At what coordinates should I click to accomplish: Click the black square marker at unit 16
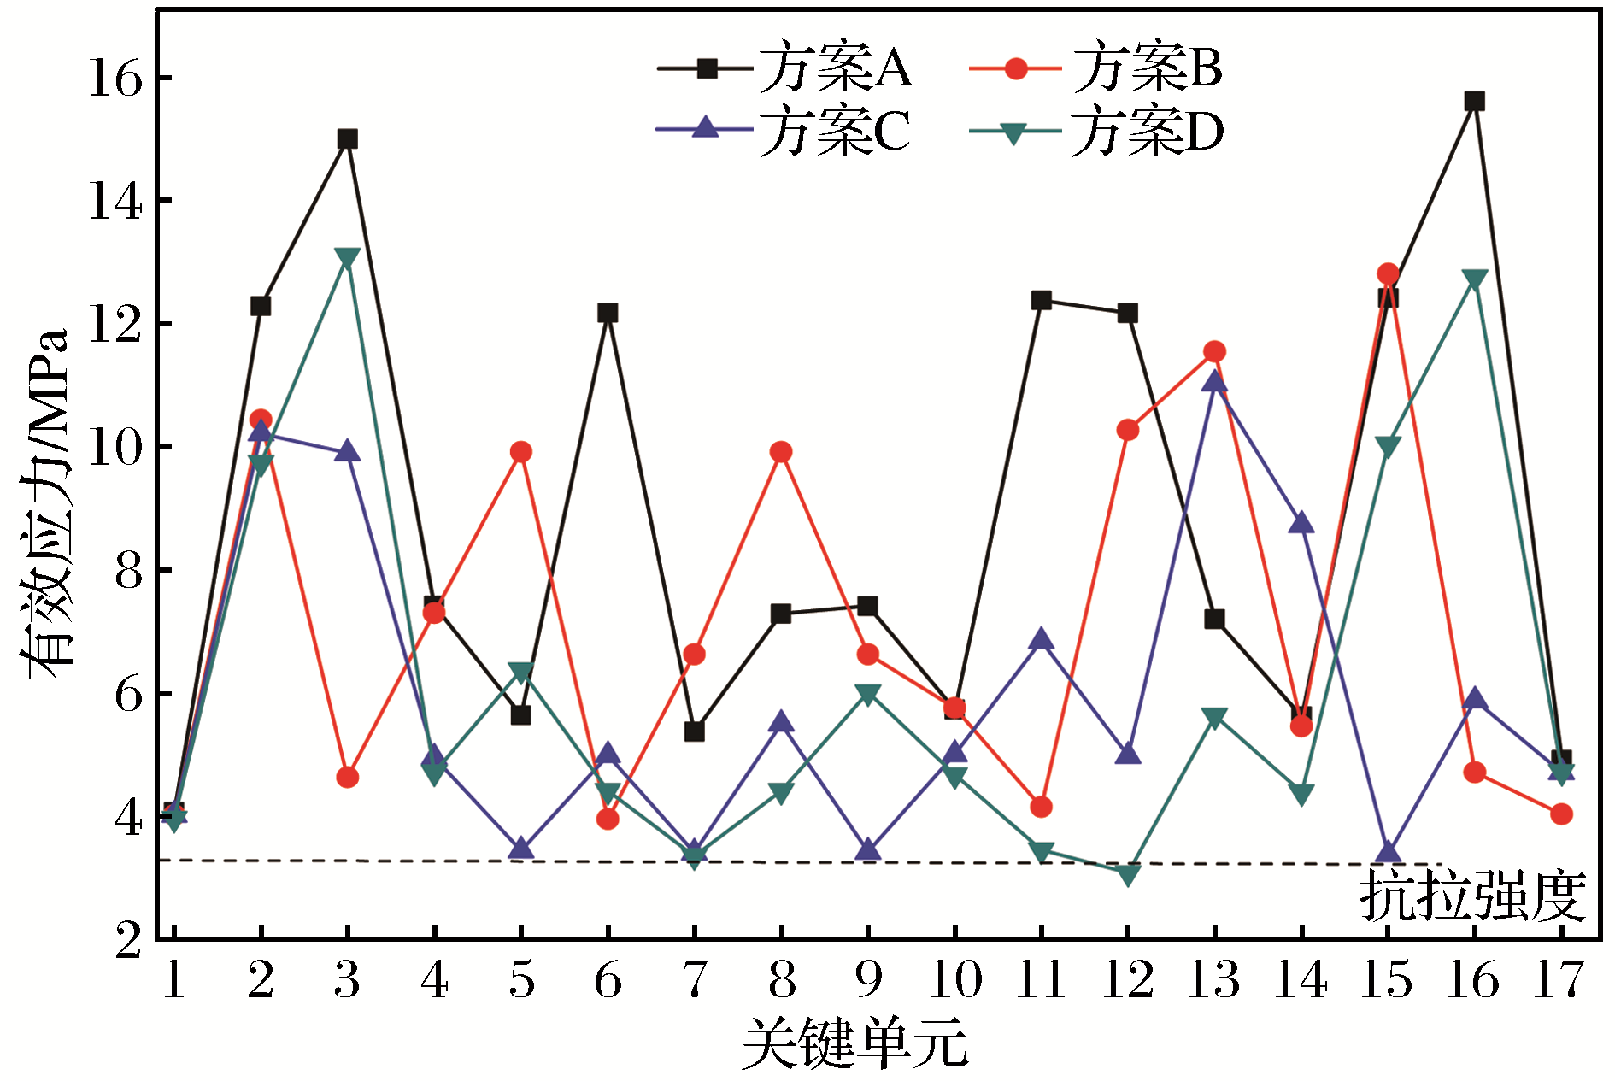[1474, 101]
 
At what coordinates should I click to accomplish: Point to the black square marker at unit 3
[347, 138]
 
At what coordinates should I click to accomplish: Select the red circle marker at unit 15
[1388, 274]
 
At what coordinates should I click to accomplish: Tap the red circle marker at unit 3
[347, 778]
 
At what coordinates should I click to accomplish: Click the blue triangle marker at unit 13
[1214, 381]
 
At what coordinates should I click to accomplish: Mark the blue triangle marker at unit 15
[1388, 852]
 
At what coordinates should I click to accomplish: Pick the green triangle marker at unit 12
[1128, 874]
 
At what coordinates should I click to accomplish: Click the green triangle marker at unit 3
[347, 257]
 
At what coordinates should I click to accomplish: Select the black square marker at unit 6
[608, 313]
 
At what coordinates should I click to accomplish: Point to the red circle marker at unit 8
[780, 452]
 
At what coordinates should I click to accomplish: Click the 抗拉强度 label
[1472, 896]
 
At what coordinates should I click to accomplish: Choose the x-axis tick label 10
[954, 980]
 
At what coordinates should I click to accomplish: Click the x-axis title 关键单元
[854, 1043]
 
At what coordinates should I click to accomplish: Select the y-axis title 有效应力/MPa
[44, 504]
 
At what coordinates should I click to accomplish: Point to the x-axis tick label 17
[1559, 980]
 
